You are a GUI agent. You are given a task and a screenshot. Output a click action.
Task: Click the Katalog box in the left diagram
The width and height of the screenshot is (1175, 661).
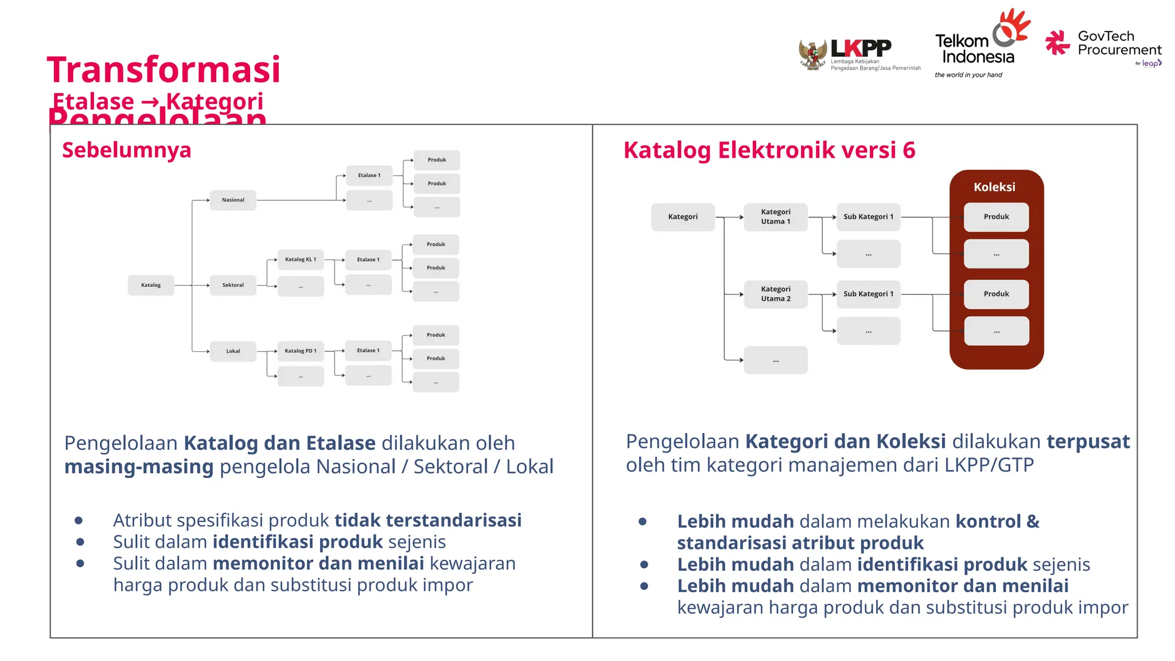(151, 285)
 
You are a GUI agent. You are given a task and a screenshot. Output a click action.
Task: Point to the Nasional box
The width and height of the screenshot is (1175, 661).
(233, 200)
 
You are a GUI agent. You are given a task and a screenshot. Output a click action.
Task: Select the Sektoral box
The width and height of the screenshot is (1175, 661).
(233, 285)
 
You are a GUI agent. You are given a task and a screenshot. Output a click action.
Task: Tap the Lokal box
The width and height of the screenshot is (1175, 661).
(233, 351)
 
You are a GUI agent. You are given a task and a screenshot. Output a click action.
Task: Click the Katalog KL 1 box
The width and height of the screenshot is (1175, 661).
(301, 259)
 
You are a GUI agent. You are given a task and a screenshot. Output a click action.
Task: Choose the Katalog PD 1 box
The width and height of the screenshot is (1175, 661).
(301, 351)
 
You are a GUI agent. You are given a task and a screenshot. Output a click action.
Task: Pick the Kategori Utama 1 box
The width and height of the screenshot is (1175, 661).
(776, 217)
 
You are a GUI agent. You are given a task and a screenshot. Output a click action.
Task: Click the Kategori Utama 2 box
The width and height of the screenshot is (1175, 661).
(776, 294)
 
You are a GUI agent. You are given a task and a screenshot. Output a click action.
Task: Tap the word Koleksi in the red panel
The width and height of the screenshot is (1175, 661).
(994, 187)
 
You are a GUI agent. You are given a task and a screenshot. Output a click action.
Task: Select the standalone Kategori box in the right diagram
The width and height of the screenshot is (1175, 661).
(683, 217)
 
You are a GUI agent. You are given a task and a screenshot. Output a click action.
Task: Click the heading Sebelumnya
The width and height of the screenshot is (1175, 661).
(127, 150)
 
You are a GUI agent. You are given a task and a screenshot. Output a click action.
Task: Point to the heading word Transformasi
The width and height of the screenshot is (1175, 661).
(164, 70)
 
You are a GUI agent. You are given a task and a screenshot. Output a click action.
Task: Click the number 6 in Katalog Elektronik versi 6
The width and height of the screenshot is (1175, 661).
(909, 150)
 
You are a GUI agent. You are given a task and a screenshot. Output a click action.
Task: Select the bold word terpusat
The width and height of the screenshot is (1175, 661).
(1088, 441)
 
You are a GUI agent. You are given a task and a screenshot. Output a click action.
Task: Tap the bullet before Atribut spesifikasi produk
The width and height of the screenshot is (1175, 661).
(79, 520)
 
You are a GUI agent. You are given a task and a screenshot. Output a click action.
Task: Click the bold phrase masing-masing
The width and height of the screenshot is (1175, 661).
(139, 466)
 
